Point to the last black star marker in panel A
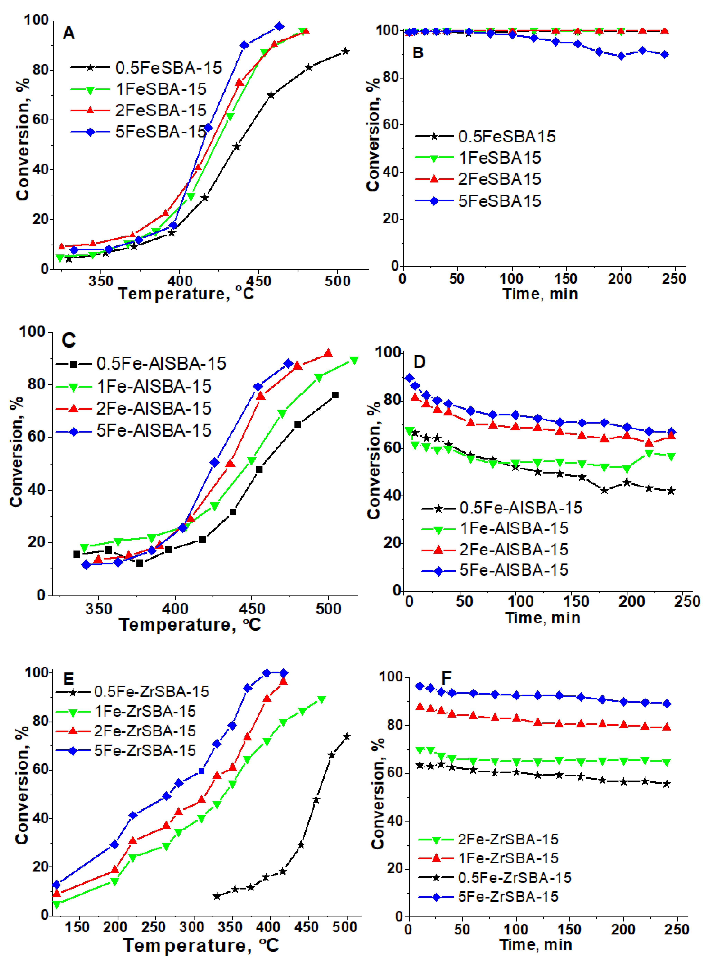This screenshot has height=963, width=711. pyautogui.click(x=345, y=51)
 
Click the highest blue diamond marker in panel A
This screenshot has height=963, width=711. pyautogui.click(x=279, y=26)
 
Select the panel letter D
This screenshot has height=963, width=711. pyautogui.click(x=419, y=362)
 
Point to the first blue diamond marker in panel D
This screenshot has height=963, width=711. pyautogui.click(x=409, y=378)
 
